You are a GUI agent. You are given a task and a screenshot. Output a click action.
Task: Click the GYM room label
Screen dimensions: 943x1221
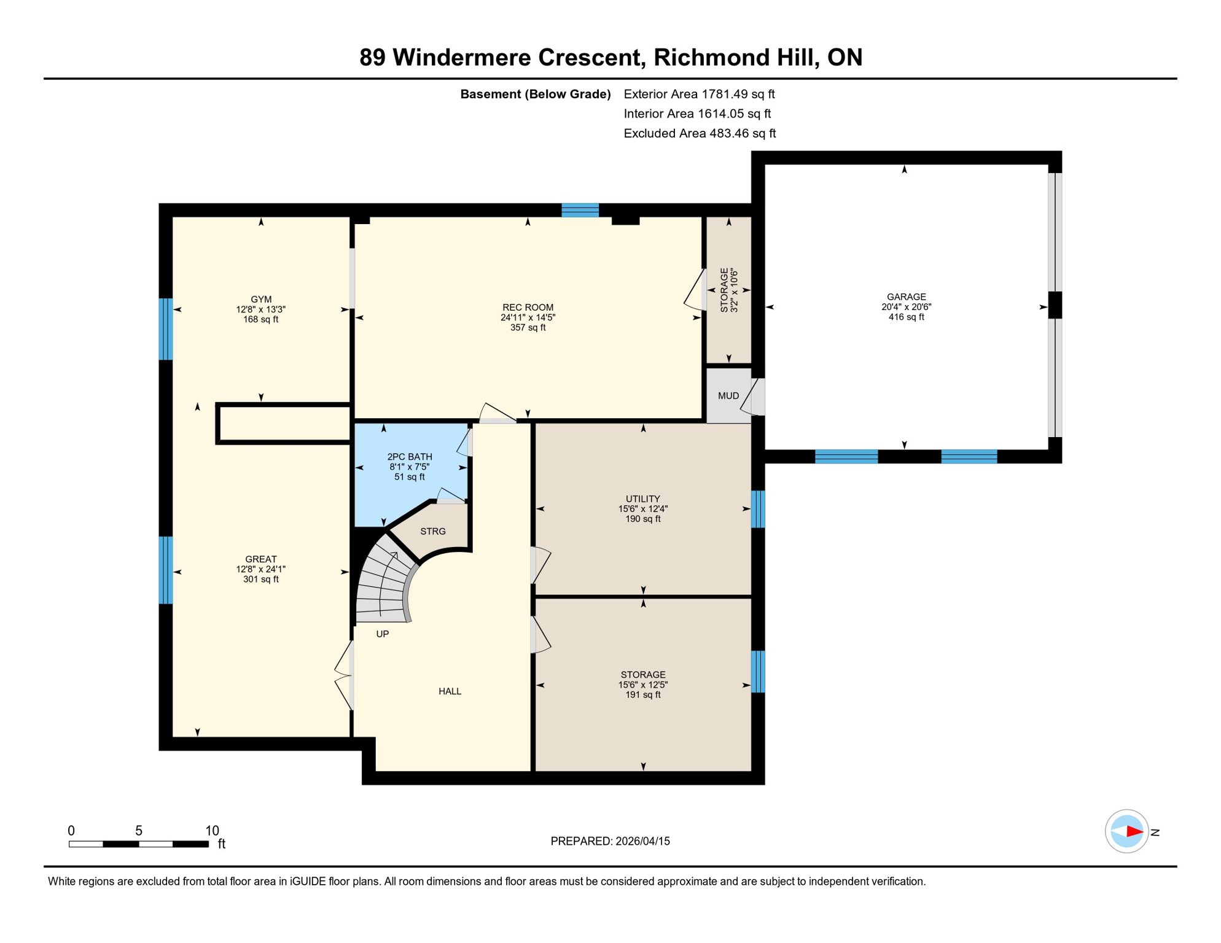(x=261, y=300)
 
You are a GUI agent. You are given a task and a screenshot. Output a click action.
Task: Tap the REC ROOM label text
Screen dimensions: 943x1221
(x=528, y=308)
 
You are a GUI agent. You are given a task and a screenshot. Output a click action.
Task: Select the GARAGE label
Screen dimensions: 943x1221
(x=906, y=297)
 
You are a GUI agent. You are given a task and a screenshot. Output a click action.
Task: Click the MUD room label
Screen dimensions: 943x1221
(x=728, y=396)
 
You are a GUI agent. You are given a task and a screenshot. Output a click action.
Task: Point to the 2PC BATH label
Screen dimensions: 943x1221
(x=410, y=457)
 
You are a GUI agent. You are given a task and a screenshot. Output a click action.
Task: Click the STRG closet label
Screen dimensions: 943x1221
(x=433, y=532)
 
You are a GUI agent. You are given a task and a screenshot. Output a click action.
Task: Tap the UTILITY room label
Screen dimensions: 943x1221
(x=643, y=499)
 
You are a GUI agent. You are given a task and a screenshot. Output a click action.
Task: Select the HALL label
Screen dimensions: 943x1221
(x=450, y=691)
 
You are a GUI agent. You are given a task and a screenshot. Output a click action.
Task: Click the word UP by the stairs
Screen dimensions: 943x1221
(x=383, y=634)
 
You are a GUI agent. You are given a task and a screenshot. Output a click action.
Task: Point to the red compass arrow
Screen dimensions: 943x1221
(x=1134, y=832)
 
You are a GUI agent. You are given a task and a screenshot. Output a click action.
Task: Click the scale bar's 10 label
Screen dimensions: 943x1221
(x=212, y=831)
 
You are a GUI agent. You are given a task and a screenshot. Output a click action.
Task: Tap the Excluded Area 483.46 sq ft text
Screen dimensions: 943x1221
(x=700, y=133)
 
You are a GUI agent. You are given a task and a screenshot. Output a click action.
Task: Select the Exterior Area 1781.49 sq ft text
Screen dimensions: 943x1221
(x=699, y=94)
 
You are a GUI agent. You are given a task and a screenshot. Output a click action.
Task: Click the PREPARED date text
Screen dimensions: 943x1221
(x=610, y=841)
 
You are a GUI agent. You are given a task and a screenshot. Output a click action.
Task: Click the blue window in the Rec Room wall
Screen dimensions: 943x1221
(x=580, y=211)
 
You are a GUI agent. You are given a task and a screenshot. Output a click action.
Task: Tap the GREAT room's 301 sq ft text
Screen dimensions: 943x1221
(x=261, y=580)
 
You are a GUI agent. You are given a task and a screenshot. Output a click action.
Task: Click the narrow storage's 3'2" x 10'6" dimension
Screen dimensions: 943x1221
(x=733, y=290)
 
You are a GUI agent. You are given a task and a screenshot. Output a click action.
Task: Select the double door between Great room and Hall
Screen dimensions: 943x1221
(x=344, y=675)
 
